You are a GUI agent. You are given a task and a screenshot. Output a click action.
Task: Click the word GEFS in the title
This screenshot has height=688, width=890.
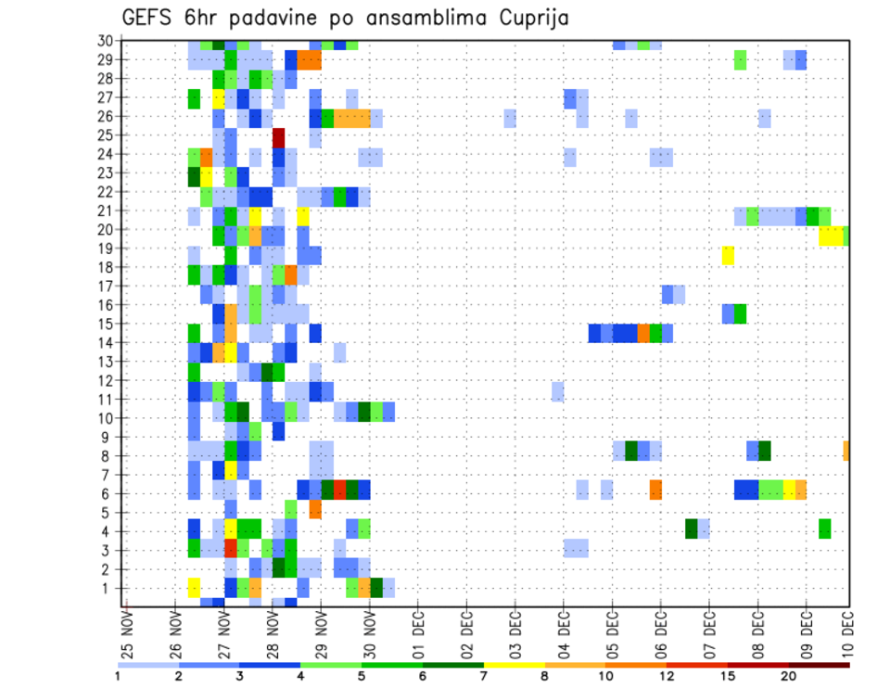149,18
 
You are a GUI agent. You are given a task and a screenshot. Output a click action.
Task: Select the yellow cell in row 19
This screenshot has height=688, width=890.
728,255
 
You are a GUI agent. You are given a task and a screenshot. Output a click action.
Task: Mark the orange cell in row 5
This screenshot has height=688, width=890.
315,510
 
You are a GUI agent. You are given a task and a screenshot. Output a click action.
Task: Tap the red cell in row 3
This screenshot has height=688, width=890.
231,548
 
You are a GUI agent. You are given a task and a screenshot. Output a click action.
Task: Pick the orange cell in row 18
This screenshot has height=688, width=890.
291,274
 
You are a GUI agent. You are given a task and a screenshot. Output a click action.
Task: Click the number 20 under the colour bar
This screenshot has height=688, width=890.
789,676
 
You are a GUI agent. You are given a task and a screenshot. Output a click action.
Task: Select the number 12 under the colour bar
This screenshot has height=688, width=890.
666,676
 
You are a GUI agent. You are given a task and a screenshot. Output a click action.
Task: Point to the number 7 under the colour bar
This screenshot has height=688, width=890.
483,676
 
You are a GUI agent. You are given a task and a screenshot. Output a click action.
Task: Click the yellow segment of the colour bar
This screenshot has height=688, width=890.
515,664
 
